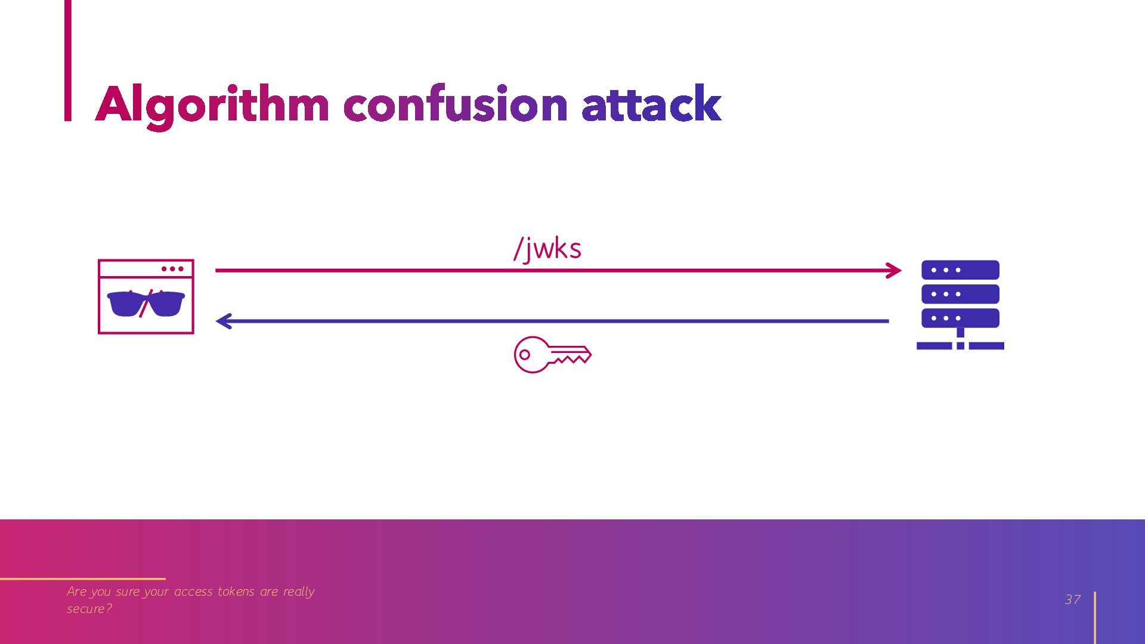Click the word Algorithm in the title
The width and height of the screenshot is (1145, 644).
[x=212, y=106]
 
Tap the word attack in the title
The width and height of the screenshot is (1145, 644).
[x=651, y=103]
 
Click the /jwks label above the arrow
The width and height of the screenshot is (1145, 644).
[x=547, y=249]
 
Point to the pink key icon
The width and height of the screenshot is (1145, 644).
[x=552, y=355]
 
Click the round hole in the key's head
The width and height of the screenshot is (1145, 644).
[x=525, y=355]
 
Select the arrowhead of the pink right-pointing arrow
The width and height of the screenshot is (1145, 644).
[x=893, y=270]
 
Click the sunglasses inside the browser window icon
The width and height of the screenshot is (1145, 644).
[x=146, y=304]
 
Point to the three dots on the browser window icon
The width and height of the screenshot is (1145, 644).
[x=172, y=269]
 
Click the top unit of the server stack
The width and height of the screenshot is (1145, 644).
[x=960, y=270]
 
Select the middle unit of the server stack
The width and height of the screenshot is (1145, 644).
[x=960, y=294]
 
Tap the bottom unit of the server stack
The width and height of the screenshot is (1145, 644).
[x=960, y=318]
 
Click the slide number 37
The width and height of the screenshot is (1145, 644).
[x=1072, y=599]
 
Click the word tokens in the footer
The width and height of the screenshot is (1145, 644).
[x=236, y=592]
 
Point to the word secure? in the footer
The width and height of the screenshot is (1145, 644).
[x=89, y=609]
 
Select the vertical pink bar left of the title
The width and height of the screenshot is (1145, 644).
[x=68, y=60]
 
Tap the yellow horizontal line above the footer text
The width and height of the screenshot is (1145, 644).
[x=83, y=578]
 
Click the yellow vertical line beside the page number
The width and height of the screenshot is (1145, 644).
[x=1095, y=618]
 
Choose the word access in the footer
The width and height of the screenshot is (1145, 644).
[x=193, y=592]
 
